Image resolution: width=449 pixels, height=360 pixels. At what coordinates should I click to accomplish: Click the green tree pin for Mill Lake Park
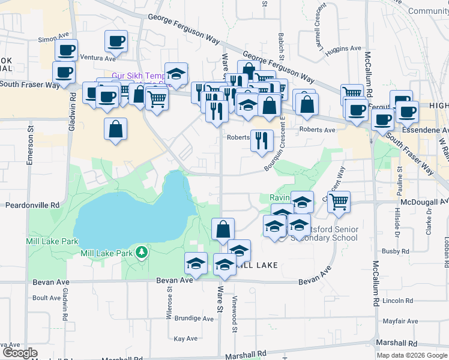tap(142, 252)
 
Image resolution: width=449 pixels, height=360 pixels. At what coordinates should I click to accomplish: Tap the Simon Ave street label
tap(51, 39)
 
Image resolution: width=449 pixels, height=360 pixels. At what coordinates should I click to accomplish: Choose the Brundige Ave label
tap(194, 319)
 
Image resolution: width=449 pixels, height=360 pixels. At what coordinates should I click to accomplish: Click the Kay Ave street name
tap(185, 338)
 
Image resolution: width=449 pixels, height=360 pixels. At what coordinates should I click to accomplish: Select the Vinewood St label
tap(235, 314)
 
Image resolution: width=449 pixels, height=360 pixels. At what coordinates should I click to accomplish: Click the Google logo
tap(19, 353)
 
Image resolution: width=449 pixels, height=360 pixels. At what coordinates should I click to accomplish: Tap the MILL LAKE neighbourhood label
tap(256, 265)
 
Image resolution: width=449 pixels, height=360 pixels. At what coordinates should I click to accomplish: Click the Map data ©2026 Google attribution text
tap(412, 355)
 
